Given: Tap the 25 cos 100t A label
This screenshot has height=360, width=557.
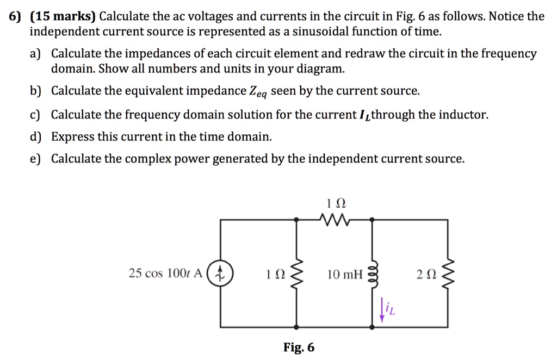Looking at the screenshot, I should pyautogui.click(x=165, y=273).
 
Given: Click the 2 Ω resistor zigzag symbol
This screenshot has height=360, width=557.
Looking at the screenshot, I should pyautogui.click(x=448, y=272).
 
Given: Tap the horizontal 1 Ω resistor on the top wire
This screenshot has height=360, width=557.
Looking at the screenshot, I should pyautogui.click(x=335, y=220).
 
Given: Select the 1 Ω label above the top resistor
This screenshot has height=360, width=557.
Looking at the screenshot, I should pyautogui.click(x=335, y=204).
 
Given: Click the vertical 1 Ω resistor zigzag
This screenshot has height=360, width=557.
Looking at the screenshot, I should pyautogui.click(x=296, y=272).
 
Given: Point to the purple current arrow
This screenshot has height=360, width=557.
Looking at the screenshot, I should pyautogui.click(x=382, y=311).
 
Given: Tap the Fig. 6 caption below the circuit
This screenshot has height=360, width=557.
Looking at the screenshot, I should pyautogui.click(x=299, y=347).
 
